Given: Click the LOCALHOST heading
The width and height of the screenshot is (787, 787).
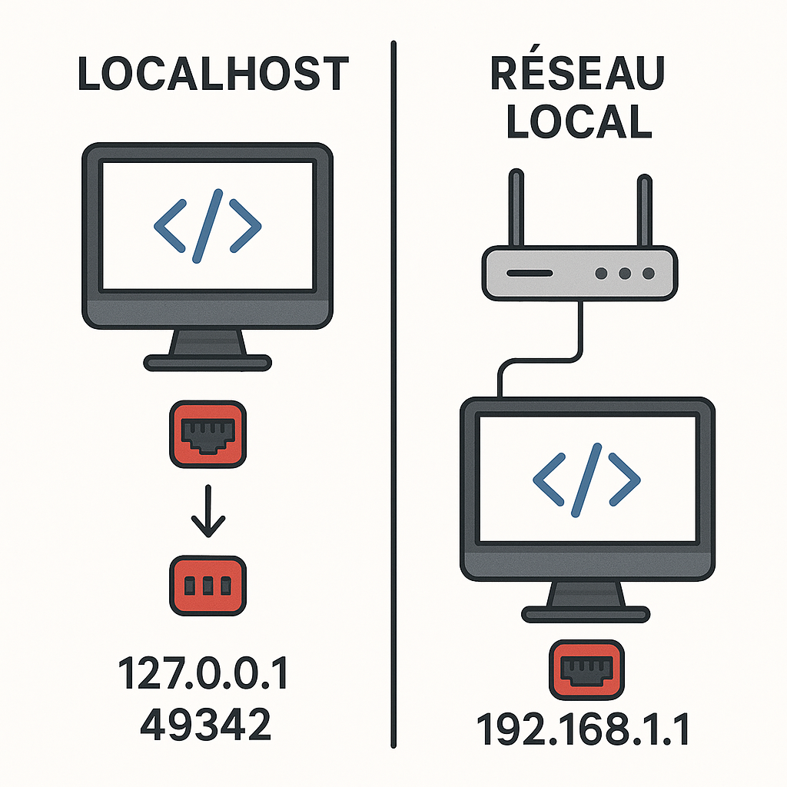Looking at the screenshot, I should pos(213,75).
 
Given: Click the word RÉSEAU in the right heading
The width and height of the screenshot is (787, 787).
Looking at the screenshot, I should pos(577,75).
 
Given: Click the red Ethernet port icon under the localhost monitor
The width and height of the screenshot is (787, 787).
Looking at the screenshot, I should pos(208,436).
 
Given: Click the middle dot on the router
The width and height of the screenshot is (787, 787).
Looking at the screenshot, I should pos(625,273).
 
